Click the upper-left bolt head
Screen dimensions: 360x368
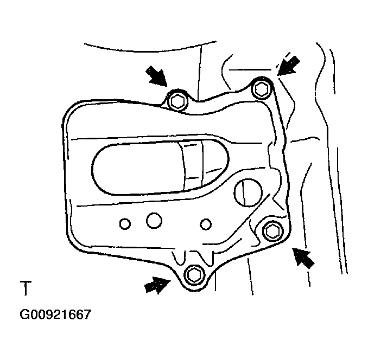click(176, 101)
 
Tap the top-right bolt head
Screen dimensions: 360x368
click(261, 88)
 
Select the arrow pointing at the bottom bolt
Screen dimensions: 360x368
click(156, 284)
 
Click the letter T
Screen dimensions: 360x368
click(25, 288)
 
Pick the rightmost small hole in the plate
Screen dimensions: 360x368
click(205, 223)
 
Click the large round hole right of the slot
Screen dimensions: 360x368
click(247, 191)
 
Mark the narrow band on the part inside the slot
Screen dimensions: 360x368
click(192, 163)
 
